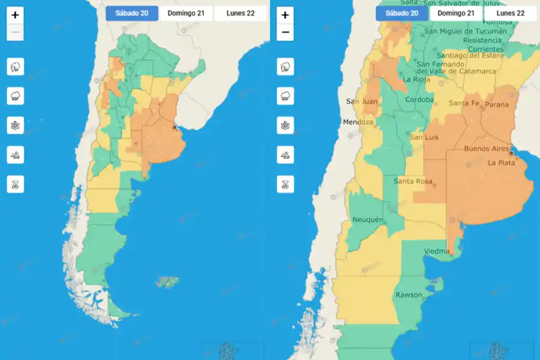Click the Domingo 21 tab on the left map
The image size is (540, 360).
point(186,13)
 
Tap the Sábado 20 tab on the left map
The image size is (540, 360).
point(132,13)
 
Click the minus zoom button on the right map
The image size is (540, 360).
point(285,32)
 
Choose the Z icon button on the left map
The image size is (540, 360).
point(16,184)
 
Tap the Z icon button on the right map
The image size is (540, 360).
point(286,184)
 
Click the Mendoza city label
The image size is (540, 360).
point(358,122)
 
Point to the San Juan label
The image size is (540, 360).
point(362,101)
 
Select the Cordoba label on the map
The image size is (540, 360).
point(419,100)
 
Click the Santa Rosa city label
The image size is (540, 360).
point(413,181)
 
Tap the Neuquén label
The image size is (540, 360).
point(368,220)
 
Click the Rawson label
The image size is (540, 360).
point(409,295)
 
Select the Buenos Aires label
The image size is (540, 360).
point(487,148)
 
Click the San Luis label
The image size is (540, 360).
point(424,137)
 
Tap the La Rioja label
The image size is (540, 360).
point(415,79)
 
